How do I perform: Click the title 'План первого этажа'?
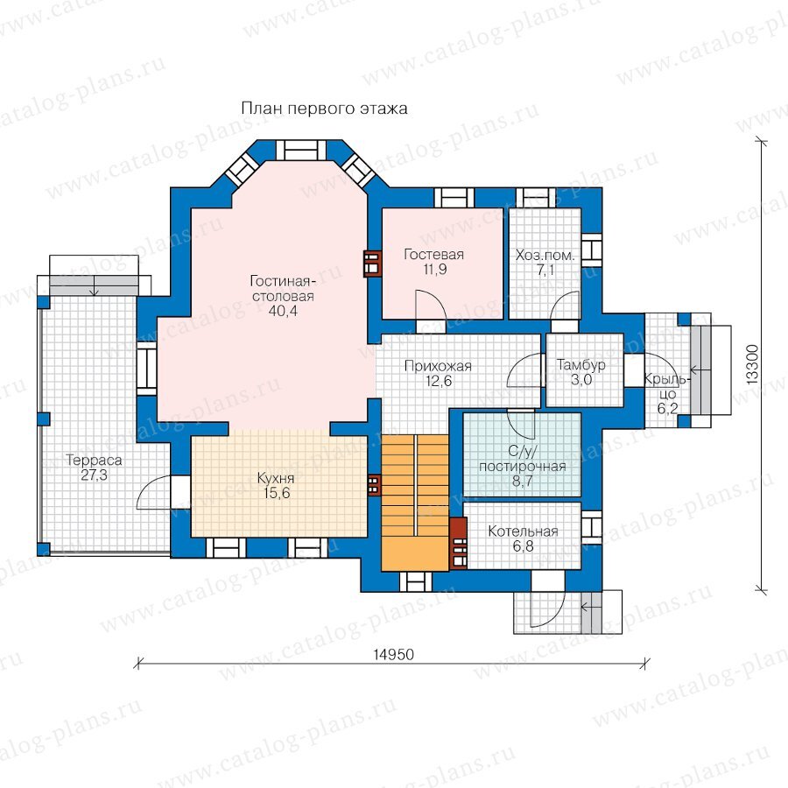324,109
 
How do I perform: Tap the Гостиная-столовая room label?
283,288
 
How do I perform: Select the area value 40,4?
283,311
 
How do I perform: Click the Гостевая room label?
433,254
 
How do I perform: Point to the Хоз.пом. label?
545,256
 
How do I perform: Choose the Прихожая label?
439,366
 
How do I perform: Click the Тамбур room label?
581,364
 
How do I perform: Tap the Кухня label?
276,478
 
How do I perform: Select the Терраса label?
94,461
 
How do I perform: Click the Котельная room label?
524,531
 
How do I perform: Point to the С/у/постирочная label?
523,459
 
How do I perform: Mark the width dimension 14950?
393,654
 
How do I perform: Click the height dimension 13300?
752,365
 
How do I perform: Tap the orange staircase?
415,503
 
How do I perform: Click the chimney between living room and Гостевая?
372,264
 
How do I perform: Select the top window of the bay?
301,150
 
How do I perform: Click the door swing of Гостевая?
431,305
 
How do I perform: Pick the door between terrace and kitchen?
154,492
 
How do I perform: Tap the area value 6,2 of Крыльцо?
667,409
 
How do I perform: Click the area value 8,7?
523,482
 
